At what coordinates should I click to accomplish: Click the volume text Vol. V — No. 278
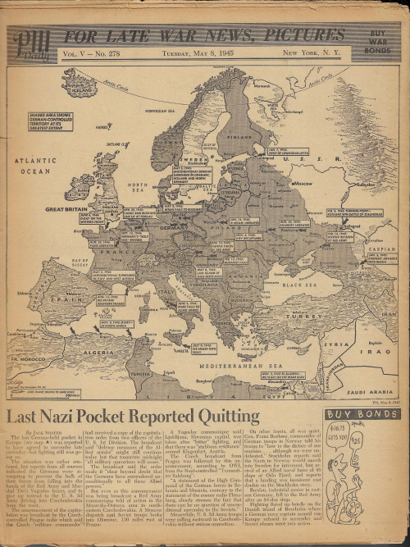point(93,55)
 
